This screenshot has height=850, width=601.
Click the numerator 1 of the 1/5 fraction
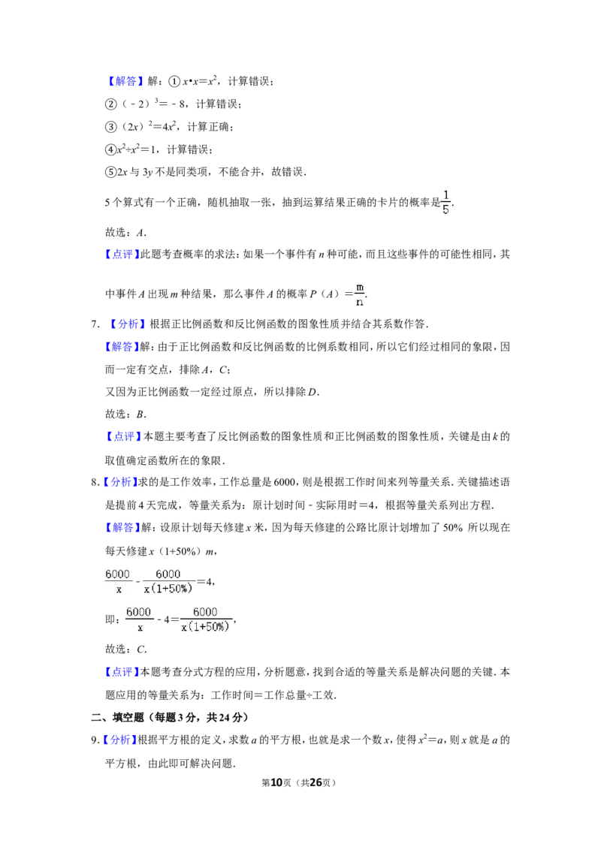point(447,194)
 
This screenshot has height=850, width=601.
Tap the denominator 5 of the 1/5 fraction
point(446,210)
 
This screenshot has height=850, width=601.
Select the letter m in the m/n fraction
point(360,287)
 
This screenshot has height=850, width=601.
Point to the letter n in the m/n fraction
point(359,303)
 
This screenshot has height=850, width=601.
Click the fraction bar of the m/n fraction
point(359,295)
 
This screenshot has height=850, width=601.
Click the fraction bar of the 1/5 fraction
point(447,202)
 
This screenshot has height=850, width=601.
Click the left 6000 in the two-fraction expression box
point(117,574)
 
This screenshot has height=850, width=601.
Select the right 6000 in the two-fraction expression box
point(168,574)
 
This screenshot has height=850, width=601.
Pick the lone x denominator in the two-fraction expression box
point(119,589)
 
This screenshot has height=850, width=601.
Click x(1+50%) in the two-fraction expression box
point(168,589)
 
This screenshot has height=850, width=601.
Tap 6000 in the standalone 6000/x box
point(138,611)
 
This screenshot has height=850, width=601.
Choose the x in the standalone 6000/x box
point(139,628)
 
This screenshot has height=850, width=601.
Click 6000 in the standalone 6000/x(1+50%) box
point(205,611)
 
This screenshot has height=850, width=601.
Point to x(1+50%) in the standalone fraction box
point(205,627)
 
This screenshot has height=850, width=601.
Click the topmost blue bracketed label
point(125,81)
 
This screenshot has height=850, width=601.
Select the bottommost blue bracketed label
point(120,740)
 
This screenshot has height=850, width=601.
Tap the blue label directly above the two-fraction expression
point(121,529)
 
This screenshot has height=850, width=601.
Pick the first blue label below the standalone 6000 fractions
point(122,672)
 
